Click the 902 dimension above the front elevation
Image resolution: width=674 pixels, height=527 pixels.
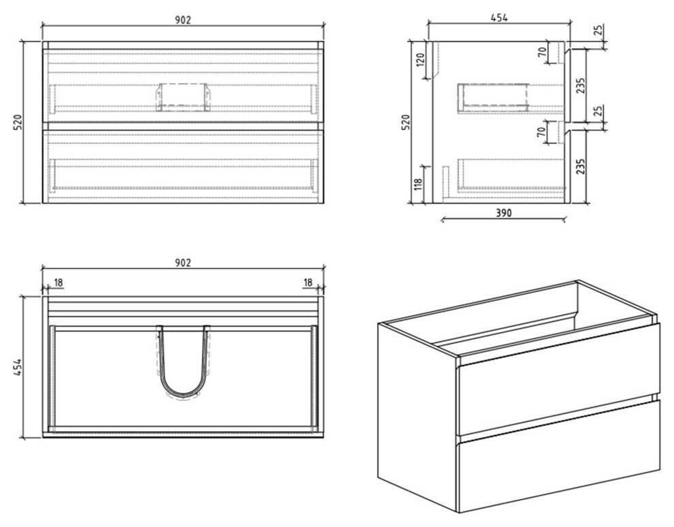(182, 19)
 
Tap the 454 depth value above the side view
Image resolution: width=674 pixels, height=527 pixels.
(500, 18)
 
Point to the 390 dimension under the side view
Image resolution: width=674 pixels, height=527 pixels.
(502, 212)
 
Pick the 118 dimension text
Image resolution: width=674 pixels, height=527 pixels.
(419, 185)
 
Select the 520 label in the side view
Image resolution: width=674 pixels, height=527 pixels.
(407, 122)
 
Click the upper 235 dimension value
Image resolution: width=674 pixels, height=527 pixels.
(581, 87)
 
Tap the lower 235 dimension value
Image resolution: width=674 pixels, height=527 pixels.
(581, 165)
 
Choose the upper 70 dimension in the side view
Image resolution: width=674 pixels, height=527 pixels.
(543, 54)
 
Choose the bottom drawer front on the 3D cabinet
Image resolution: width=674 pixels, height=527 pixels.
(558, 456)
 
